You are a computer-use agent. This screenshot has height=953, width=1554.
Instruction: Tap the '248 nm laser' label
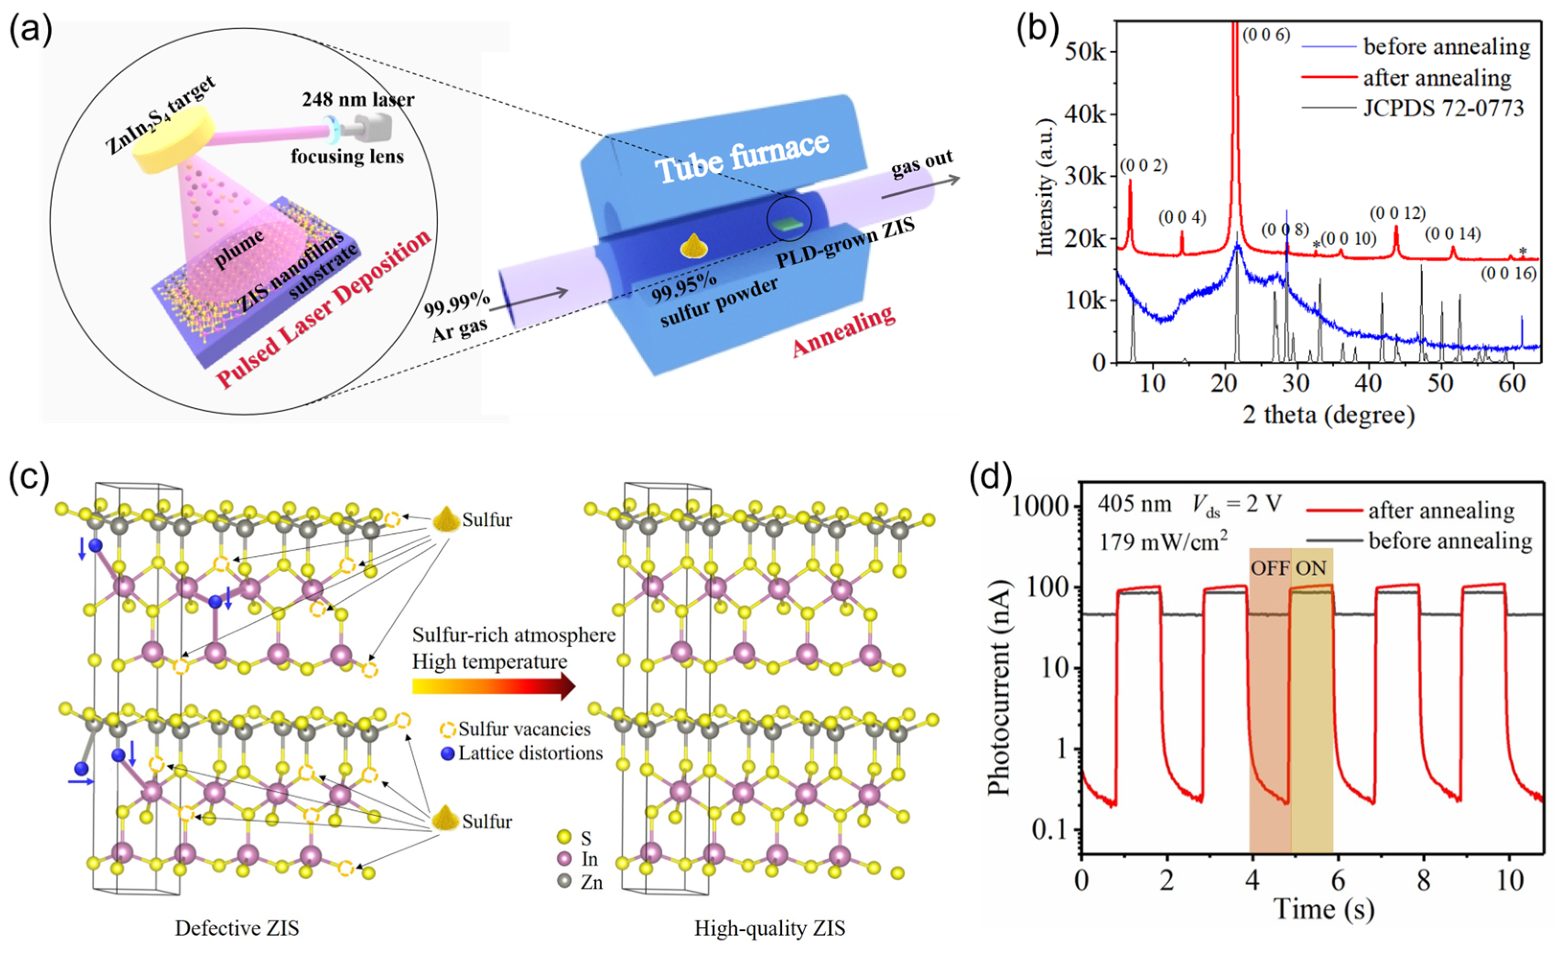(358, 99)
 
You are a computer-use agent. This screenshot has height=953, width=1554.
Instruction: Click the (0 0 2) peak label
(1144, 165)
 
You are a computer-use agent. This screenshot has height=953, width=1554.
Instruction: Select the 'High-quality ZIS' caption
(770, 929)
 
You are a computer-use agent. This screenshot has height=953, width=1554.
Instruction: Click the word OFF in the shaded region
(1270, 568)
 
